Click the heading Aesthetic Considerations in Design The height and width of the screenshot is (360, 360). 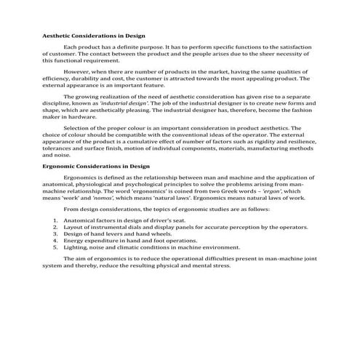click(x=94, y=35)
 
